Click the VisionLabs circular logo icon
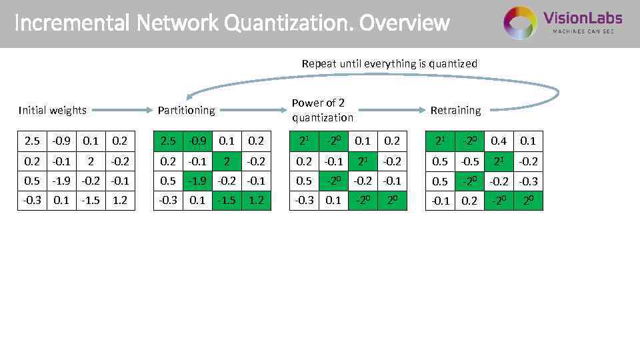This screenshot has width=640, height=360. pos(520,23)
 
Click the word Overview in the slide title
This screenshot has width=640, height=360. pos(405,23)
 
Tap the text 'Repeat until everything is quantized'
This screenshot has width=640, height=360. pos(389,64)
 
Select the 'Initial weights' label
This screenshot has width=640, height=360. pos(53,110)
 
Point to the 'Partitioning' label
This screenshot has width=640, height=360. pos(186,110)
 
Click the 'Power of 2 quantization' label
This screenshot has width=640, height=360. pos(323,110)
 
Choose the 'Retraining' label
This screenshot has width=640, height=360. pos(455,110)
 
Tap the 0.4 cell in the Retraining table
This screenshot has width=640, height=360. pos(499,141)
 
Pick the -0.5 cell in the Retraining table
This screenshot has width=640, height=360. pos(469,161)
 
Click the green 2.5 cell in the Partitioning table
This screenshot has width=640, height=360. pos(169,141)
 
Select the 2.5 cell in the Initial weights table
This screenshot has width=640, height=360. pos(32,141)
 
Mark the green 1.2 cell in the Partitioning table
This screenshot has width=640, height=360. pos(256,200)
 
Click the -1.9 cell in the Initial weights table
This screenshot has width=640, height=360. pos(61,181)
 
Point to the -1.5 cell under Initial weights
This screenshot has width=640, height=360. pos(91,200)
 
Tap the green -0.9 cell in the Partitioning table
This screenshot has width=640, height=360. pos(197,141)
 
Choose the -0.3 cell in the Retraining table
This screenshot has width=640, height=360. pos(528,181)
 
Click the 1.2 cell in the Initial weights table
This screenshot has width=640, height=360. pos(120,200)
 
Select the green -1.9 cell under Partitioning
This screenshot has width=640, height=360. pos(197,181)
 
